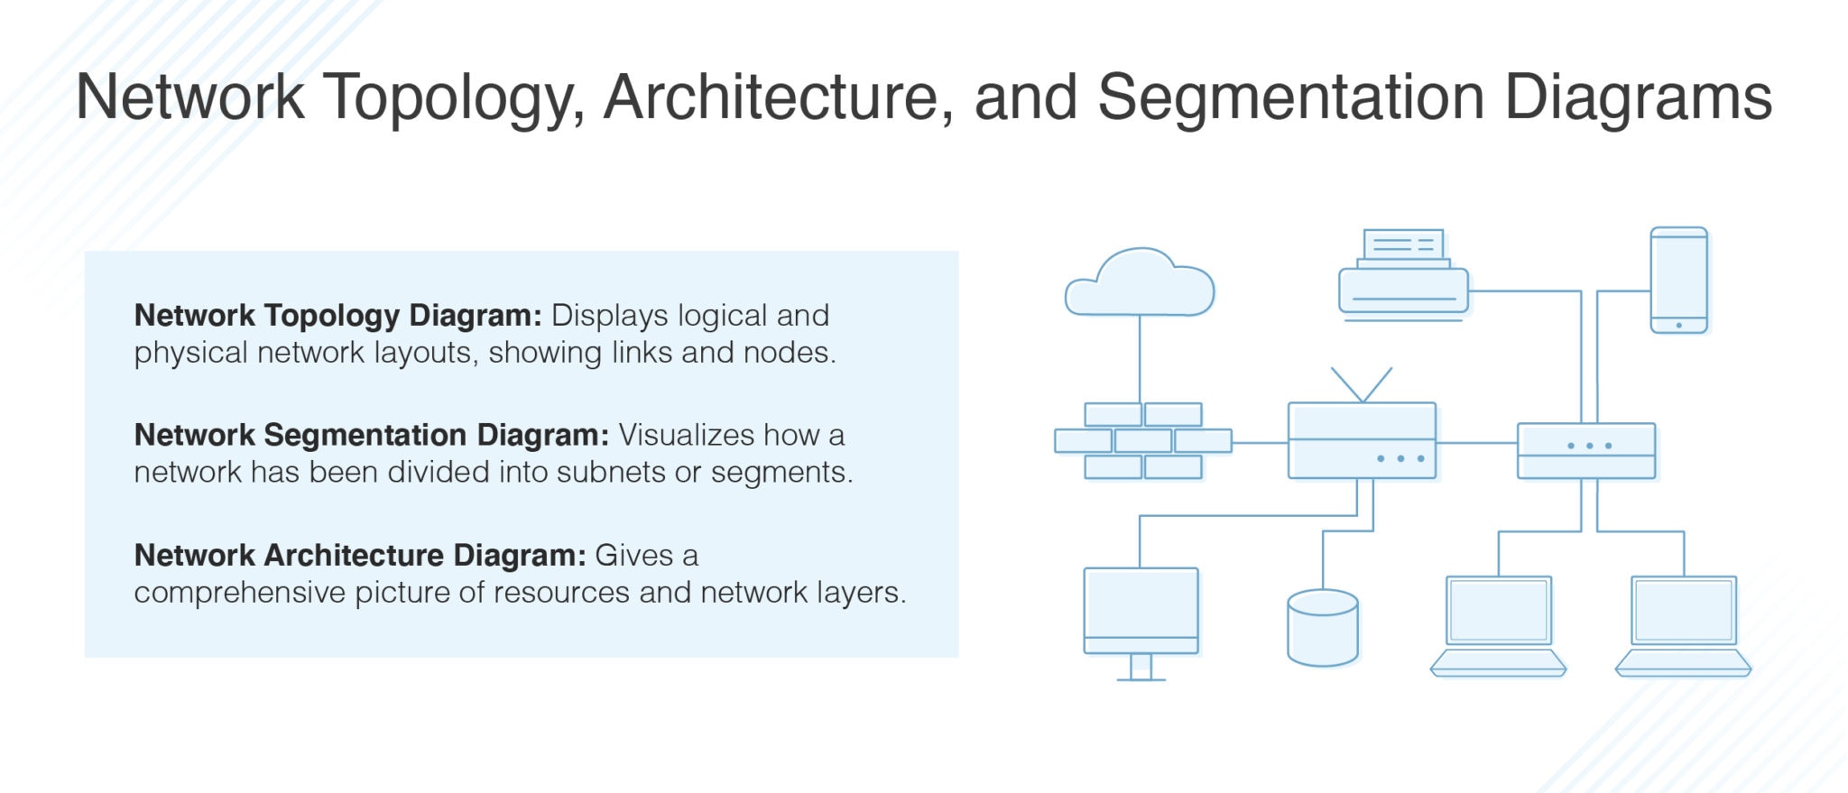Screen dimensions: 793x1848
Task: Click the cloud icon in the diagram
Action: pos(1140,283)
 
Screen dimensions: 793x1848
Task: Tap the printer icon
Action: pos(1403,277)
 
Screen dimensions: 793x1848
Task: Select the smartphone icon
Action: pos(1678,280)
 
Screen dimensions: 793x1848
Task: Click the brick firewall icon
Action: pos(1142,440)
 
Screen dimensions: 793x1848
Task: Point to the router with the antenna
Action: pos(1362,440)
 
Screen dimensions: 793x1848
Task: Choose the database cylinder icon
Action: pos(1323,628)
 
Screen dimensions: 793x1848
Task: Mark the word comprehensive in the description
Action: pos(240,593)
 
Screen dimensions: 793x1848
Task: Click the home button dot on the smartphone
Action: pos(1678,325)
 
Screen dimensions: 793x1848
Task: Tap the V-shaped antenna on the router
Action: pos(1362,384)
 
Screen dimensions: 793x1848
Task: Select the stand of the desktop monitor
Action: pos(1141,667)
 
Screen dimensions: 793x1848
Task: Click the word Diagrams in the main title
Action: pos(1638,97)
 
